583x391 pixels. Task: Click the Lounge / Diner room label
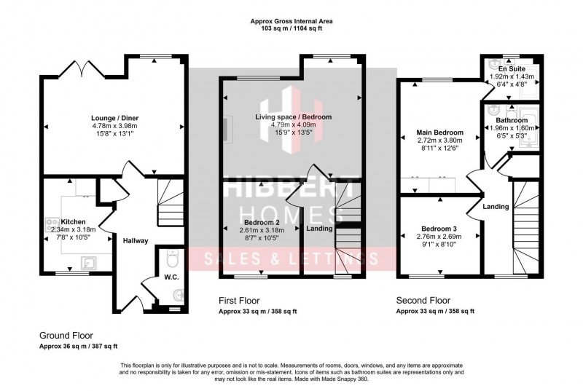pos(114,118)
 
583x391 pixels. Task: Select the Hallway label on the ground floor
pos(136,241)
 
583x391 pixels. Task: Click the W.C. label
pos(152,277)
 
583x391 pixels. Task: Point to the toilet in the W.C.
pos(171,259)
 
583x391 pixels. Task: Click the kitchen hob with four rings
pos(52,225)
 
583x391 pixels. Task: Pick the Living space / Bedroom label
pos(293,117)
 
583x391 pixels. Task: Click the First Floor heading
pos(239,300)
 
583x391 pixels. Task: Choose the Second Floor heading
pos(423,300)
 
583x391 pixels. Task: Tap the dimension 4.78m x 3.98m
pos(114,126)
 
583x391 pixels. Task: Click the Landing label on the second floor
pos(496,208)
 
